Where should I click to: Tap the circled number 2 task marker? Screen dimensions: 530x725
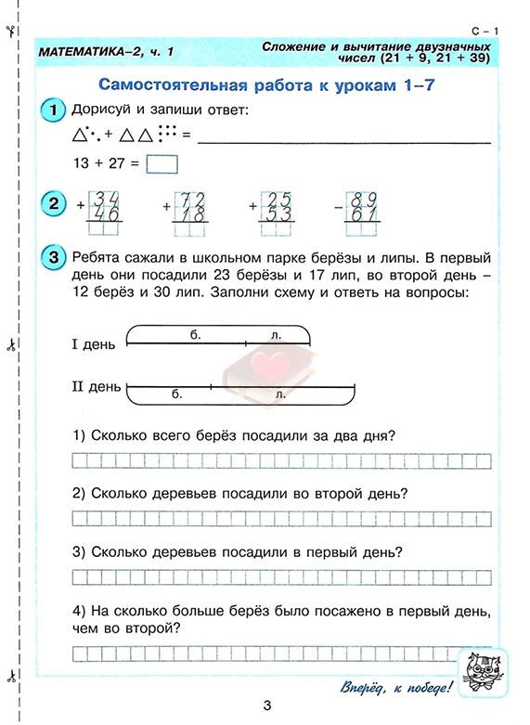click(x=53, y=204)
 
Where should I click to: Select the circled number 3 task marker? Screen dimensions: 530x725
click(x=53, y=257)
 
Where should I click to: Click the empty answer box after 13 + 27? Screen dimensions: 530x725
click(x=162, y=164)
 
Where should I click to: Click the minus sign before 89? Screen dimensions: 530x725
click(x=339, y=207)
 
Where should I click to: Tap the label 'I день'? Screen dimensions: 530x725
click(x=93, y=344)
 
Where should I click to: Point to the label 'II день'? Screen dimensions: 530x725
click(x=96, y=385)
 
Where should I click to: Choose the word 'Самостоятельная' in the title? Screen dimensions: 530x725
click(x=165, y=84)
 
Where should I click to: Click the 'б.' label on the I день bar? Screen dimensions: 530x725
click(x=195, y=333)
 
